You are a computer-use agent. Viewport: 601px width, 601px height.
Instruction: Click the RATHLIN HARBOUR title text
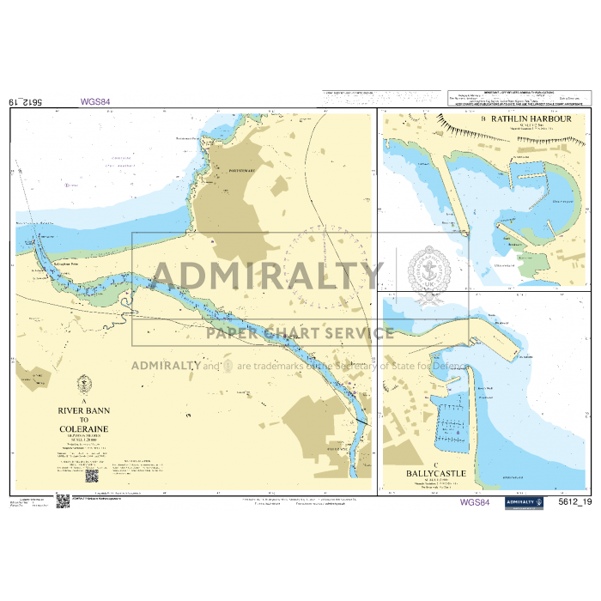pyautogui.click(x=531, y=118)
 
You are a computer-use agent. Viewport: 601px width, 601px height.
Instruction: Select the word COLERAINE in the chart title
pyautogui.click(x=84, y=428)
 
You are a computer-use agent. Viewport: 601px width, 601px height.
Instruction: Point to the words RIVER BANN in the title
pyautogui.click(x=84, y=411)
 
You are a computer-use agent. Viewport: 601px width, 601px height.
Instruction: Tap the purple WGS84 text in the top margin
pyautogui.click(x=95, y=102)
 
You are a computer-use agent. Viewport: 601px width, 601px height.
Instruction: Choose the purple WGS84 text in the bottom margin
pyautogui.click(x=475, y=502)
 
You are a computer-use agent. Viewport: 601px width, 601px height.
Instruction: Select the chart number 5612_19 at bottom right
pyautogui.click(x=574, y=502)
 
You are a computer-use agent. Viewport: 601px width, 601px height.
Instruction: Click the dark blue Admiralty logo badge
pyautogui.click(x=524, y=502)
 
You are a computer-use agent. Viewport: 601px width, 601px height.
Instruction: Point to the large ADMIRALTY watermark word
pyautogui.click(x=267, y=275)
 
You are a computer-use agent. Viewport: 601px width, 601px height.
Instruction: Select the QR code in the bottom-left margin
pyautogui.click(x=62, y=501)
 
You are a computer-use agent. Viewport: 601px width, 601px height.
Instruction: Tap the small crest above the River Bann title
pyautogui.click(x=84, y=385)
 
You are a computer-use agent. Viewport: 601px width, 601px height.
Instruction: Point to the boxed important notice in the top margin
pyautogui.click(x=515, y=96)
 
